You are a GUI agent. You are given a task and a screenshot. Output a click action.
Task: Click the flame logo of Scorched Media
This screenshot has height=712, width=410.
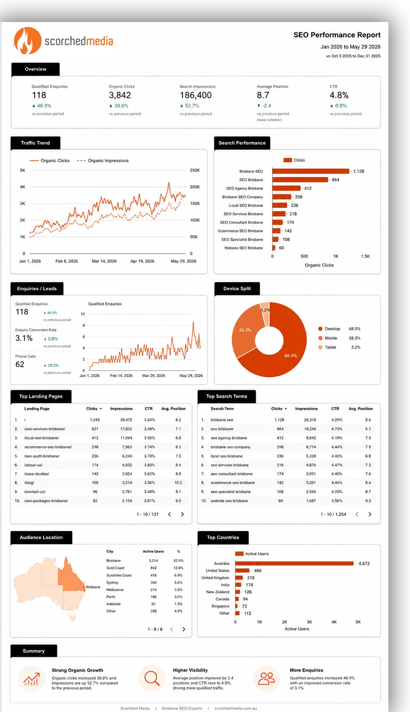point(27,41)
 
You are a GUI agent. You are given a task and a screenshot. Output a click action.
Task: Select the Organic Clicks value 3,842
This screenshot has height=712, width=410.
point(120,95)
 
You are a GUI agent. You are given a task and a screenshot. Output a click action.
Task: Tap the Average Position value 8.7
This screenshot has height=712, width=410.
point(263,95)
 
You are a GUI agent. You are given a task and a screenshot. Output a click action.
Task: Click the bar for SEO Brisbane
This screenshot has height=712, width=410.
point(300,180)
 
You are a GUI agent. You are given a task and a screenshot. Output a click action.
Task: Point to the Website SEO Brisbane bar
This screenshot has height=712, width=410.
point(274,248)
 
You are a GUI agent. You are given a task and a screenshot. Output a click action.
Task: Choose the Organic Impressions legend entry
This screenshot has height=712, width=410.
point(103,161)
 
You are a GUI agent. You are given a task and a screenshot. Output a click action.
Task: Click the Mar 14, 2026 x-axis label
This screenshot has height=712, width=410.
point(104,261)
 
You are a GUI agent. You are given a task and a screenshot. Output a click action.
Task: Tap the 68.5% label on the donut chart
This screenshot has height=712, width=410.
point(290,356)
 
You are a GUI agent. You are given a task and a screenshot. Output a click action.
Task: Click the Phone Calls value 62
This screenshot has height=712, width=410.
point(20,364)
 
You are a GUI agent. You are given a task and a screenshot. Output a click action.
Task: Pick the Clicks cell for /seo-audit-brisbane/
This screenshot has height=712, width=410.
point(95,456)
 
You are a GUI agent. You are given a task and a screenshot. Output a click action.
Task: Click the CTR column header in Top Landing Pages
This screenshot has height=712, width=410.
point(149,409)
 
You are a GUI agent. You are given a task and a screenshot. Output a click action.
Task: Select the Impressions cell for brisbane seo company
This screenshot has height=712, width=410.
point(310,447)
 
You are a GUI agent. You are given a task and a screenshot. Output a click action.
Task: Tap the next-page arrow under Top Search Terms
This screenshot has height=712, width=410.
point(369,514)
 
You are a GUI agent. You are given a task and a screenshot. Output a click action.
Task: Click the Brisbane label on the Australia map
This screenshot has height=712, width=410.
point(93,587)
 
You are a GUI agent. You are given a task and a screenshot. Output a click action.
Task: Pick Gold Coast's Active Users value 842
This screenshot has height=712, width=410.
point(154,568)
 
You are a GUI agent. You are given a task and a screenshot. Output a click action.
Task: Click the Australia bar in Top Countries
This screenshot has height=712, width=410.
point(294,564)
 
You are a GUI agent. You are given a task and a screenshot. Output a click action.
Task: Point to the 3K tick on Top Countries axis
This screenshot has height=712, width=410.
point(309,622)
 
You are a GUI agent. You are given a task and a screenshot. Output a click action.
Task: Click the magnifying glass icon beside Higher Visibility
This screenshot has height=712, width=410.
point(152,678)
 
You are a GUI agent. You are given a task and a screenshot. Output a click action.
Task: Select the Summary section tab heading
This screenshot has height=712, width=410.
point(34,651)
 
